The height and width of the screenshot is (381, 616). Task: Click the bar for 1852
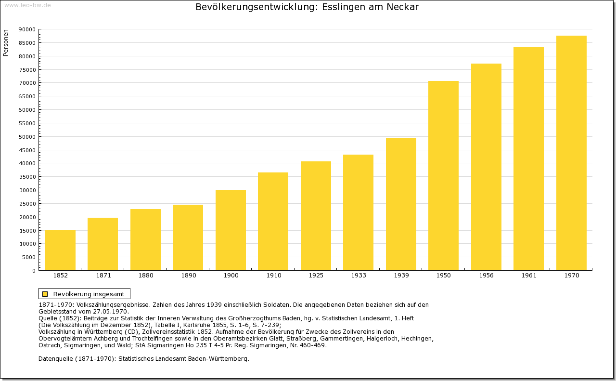point(60,250)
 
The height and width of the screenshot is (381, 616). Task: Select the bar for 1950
point(443,176)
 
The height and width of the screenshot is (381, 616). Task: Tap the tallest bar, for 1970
point(571,153)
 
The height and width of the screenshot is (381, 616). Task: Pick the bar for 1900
point(231,230)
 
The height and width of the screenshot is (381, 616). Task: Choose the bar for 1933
point(358,212)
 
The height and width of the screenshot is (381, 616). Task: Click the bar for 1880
point(145,239)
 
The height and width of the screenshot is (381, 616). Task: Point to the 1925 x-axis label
point(316,276)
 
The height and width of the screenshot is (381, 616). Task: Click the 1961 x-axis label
point(528,276)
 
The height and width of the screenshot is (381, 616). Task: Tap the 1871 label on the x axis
point(103,276)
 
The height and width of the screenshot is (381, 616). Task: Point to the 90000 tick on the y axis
point(27,29)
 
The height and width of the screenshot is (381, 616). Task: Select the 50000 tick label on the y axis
point(27,137)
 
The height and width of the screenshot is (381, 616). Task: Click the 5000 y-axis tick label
point(28,257)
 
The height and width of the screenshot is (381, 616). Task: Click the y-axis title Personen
point(6,43)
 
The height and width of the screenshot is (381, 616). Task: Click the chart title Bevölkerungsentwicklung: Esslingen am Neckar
point(307,7)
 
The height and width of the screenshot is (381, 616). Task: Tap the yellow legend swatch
point(45,294)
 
